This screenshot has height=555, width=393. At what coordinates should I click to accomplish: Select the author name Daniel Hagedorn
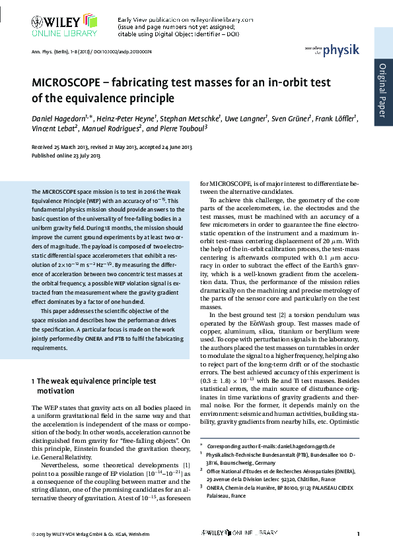tap(59, 119)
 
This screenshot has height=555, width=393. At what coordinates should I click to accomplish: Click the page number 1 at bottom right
tap(357, 533)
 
